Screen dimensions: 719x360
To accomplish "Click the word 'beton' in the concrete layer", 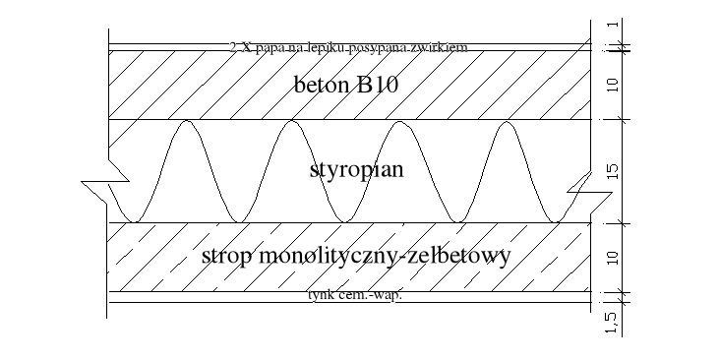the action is tap(322, 85).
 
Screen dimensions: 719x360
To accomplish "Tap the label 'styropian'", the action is tap(357, 170).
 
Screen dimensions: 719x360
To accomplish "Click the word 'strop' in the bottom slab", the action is tap(226, 258).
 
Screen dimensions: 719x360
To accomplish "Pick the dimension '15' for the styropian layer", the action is tap(613, 172).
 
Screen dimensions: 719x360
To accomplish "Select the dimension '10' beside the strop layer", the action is tap(613, 258).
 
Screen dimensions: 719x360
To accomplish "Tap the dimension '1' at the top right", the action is tap(613, 25).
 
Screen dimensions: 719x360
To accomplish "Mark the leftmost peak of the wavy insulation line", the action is tap(185, 122).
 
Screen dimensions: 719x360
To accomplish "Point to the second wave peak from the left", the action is tap(291, 122).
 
